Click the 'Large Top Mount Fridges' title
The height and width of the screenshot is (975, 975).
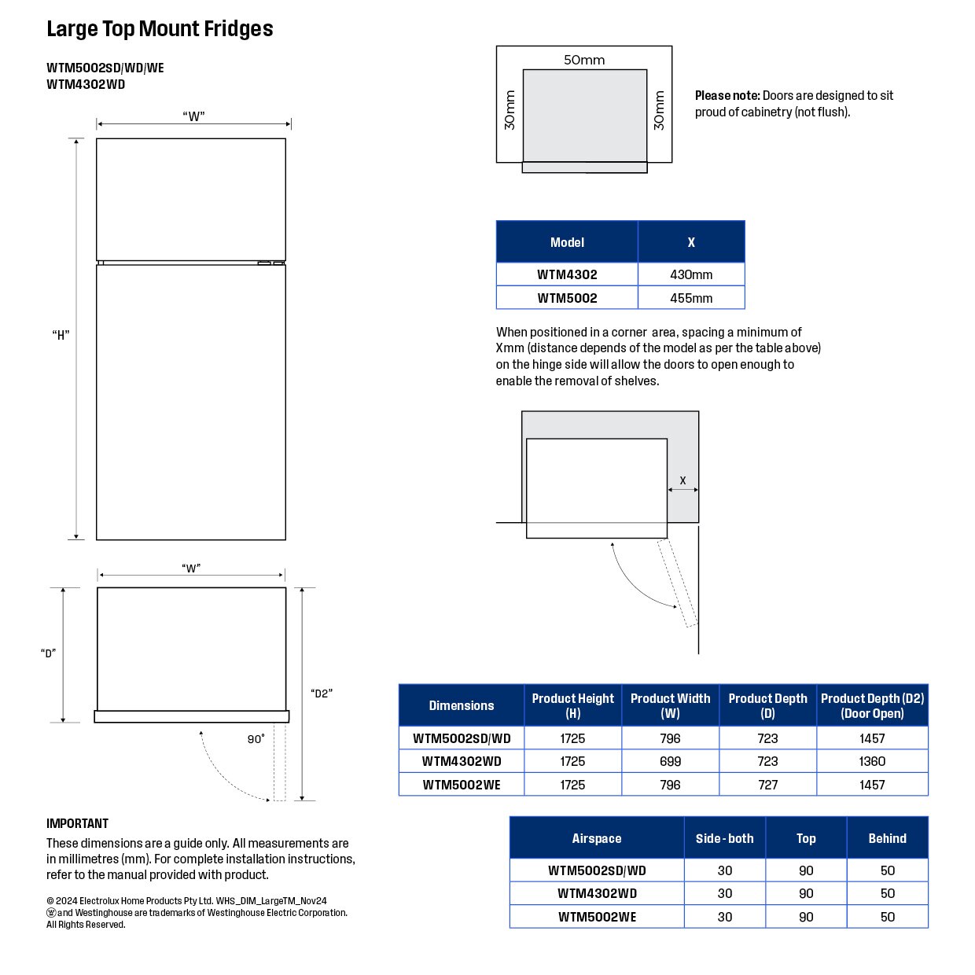pos(160,28)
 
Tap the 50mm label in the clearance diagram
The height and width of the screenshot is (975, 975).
pos(584,60)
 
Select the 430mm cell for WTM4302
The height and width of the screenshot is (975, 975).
pos(690,274)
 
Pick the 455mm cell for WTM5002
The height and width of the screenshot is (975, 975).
pos(690,298)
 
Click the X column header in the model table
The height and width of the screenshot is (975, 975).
pos(690,242)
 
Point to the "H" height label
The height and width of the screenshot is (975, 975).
pos(61,334)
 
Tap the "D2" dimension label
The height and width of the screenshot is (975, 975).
pos(322,694)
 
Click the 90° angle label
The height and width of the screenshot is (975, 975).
pos(256,738)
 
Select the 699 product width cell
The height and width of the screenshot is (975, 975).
pos(670,761)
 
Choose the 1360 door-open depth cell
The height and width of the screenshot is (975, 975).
pos(872,761)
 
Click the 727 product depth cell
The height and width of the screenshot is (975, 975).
pos(767,785)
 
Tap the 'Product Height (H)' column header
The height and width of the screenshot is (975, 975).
pos(572,705)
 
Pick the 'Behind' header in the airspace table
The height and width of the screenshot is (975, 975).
pos(887,838)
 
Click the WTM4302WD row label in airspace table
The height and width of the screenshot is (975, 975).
pos(597,893)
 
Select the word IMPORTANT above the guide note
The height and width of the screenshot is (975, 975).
pos(77,823)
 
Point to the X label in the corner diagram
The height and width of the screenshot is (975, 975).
pos(682,480)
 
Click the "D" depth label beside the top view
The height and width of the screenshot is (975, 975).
pos(48,653)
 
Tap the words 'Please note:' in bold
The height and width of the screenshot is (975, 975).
pos(727,96)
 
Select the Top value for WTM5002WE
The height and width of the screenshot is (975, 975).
pos(805,917)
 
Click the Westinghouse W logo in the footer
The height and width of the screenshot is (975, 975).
pos(51,913)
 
